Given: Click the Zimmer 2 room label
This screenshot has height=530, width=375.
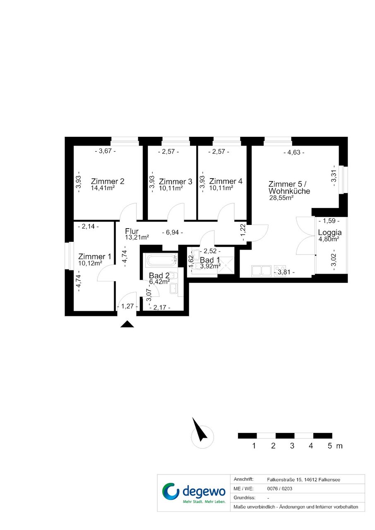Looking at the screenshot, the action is coord(108,181).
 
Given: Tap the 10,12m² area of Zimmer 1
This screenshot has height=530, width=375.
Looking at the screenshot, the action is coord(90,263).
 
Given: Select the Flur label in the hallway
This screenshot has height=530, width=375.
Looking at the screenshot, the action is coord(132,231).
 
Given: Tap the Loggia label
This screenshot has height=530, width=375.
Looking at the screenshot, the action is coord(329,232).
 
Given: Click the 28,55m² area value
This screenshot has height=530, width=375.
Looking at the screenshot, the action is coord(281,198).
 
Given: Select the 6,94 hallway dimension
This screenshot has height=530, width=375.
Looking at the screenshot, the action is coord(173,233).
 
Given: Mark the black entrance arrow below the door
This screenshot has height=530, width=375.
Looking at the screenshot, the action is coord(127,324).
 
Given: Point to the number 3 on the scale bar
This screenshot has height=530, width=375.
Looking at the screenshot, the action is coord(292,446).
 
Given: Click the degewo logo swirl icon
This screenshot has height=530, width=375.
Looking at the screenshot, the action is coord(171,492).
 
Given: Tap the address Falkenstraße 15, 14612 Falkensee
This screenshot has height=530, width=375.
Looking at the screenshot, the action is coord(303,480).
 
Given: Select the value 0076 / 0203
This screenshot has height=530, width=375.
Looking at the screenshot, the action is coord(279,489).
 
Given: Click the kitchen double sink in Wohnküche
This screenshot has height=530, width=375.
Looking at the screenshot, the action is coord(261,271).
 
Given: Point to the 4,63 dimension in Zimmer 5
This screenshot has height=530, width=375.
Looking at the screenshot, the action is coord(294,153).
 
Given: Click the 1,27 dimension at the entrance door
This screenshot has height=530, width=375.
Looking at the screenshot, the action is coord(127,306).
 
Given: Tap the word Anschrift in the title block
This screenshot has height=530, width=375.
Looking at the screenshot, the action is coord(243,480).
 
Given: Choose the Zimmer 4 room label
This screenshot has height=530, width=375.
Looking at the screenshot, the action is coord(226,181).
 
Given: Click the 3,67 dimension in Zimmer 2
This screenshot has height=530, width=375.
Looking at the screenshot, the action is coord(106,151).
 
